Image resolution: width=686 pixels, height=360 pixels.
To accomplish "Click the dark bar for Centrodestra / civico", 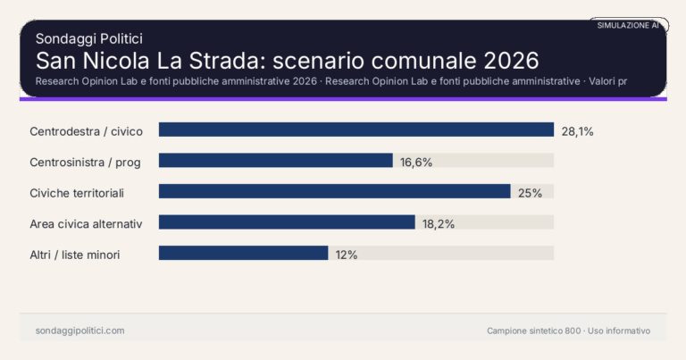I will click(356, 130).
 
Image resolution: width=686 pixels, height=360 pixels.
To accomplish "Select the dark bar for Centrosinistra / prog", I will click(276, 161).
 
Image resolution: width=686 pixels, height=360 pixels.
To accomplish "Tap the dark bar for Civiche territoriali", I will click(334, 192).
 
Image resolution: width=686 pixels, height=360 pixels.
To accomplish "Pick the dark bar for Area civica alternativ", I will click(287, 222).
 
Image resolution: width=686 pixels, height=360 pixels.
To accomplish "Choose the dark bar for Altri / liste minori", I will click(243, 254).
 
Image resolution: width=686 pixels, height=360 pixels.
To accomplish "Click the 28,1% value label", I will click(577, 131).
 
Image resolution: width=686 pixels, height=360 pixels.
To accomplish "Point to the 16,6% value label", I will click(416, 162).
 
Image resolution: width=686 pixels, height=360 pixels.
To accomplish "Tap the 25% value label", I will click(531, 193).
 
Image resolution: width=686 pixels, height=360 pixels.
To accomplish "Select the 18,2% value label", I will click(439, 223).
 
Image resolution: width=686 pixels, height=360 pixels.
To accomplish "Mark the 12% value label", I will click(347, 255).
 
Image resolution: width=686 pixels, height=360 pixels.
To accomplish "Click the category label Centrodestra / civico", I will click(86, 131).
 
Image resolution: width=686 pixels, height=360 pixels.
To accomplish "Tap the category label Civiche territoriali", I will click(88, 193).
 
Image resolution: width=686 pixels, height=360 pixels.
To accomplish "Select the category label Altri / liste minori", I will click(75, 255).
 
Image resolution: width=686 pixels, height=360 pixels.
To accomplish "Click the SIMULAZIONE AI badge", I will click(628, 26).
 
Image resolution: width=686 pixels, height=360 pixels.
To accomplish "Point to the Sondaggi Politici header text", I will click(89, 38).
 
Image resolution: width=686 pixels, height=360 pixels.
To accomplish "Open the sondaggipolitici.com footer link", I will click(79, 331).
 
